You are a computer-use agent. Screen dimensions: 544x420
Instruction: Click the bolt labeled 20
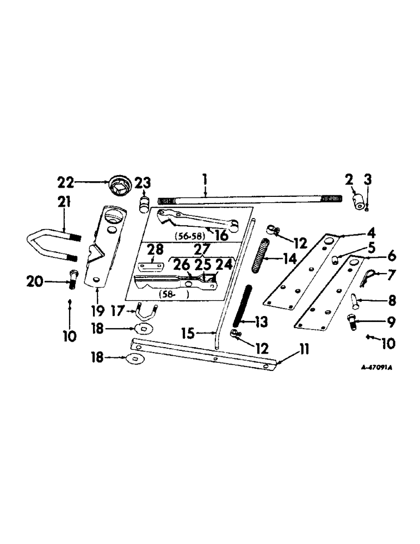point(75,281)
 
